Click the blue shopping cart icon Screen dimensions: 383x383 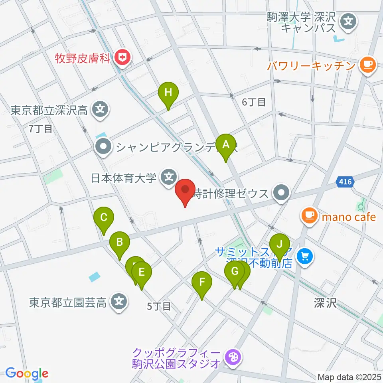point(306,256)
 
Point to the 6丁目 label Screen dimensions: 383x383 point(254,102)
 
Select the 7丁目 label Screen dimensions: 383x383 point(41,128)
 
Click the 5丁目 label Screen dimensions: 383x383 point(159,306)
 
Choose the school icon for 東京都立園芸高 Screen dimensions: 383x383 point(119,301)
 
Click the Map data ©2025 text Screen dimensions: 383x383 point(349,377)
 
